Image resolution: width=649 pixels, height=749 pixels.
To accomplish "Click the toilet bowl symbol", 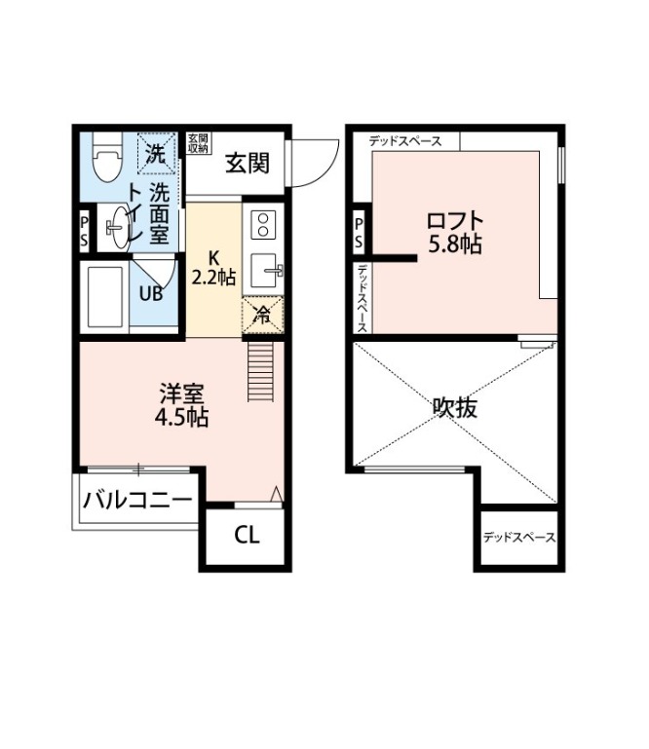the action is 107,157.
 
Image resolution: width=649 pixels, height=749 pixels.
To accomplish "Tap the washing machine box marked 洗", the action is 157,153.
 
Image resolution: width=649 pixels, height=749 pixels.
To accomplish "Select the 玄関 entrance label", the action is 248,163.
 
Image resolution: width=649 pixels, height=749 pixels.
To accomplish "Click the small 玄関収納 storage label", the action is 198,143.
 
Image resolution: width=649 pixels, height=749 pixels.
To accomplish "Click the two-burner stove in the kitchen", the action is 263,225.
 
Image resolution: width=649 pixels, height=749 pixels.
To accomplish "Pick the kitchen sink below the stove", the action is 265,271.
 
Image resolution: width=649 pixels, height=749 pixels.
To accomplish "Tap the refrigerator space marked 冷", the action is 263,315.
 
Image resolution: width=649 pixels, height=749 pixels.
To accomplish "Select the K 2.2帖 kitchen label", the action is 213,268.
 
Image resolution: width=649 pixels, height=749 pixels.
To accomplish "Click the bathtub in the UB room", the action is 104,297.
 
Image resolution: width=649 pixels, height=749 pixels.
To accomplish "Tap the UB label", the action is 151,294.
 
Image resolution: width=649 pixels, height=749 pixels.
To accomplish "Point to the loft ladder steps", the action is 260,371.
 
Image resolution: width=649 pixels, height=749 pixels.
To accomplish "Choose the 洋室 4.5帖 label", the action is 181,405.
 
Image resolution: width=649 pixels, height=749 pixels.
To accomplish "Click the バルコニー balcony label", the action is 137,501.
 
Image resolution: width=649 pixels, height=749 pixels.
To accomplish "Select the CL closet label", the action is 247,535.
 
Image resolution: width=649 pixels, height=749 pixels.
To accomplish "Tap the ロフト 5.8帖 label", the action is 454,233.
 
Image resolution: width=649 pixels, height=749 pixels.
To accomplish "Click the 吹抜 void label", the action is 454,407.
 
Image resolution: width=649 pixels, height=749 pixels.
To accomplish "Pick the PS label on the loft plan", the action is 359,233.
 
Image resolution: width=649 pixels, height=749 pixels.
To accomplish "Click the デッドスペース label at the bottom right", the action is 519,538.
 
